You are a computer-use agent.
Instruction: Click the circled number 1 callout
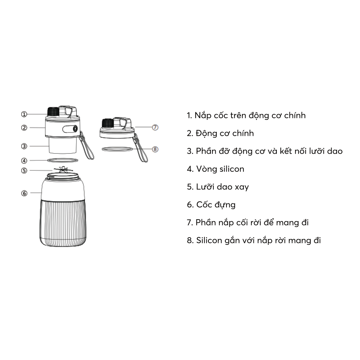pos(24,114)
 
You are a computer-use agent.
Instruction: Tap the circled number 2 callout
pos(24,128)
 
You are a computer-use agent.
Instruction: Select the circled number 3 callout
pos(24,146)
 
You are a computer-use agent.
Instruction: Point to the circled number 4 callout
pos(24,161)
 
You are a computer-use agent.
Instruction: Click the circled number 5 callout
pos(24,171)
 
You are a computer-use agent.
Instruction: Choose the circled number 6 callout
pos(24,193)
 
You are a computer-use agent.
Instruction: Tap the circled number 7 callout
pos(155,127)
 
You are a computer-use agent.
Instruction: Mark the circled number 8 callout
pos(155,149)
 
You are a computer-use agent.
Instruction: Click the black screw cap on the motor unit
pos(53,112)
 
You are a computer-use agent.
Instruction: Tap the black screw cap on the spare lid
pos(108,123)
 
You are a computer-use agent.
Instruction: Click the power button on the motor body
pos(75,129)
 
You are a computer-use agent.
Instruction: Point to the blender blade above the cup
pos(62,170)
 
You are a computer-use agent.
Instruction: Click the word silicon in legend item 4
pos(231,169)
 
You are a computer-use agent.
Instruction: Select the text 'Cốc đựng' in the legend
pos(216,205)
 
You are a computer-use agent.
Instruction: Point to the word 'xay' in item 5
pos(242,187)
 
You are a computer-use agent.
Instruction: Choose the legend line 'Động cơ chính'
pos(225,134)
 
